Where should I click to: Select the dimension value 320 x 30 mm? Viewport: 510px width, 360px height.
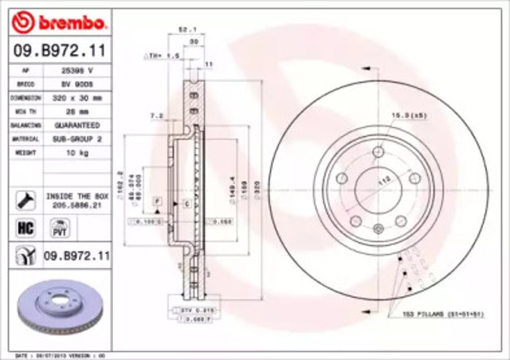(x=76, y=97)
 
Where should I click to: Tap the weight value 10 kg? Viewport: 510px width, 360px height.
(x=76, y=151)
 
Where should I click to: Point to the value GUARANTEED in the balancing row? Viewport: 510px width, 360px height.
(x=76, y=124)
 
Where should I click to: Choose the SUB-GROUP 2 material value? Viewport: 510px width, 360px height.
(x=76, y=138)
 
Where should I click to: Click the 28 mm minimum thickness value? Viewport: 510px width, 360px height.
(x=76, y=111)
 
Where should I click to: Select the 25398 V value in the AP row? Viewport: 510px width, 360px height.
(x=76, y=71)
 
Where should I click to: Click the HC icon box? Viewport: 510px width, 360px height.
(x=25, y=229)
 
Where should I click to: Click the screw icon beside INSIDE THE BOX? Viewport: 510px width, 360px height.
(x=25, y=198)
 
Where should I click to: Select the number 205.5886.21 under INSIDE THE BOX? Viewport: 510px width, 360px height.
(x=76, y=204)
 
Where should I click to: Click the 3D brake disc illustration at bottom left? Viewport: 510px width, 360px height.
(x=56, y=309)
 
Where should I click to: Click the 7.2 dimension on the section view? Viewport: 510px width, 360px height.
(x=156, y=115)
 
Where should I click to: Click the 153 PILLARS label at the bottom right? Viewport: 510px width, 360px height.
(x=447, y=315)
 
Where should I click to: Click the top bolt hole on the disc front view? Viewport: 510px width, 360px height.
(x=379, y=152)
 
